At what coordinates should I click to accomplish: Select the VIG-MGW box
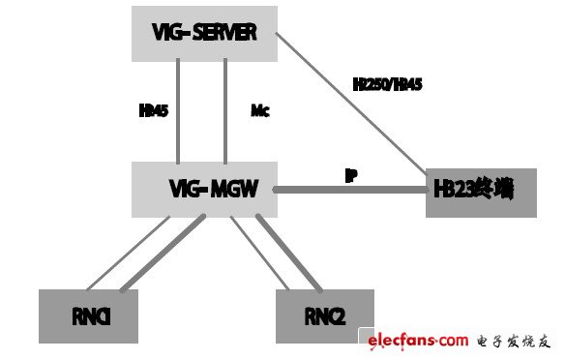coord(203,189)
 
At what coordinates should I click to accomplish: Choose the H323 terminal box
coord(480,191)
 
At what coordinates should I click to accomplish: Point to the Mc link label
coord(260,111)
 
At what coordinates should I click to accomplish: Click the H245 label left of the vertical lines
coord(154,111)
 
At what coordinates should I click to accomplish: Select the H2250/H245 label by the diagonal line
coord(387,85)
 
